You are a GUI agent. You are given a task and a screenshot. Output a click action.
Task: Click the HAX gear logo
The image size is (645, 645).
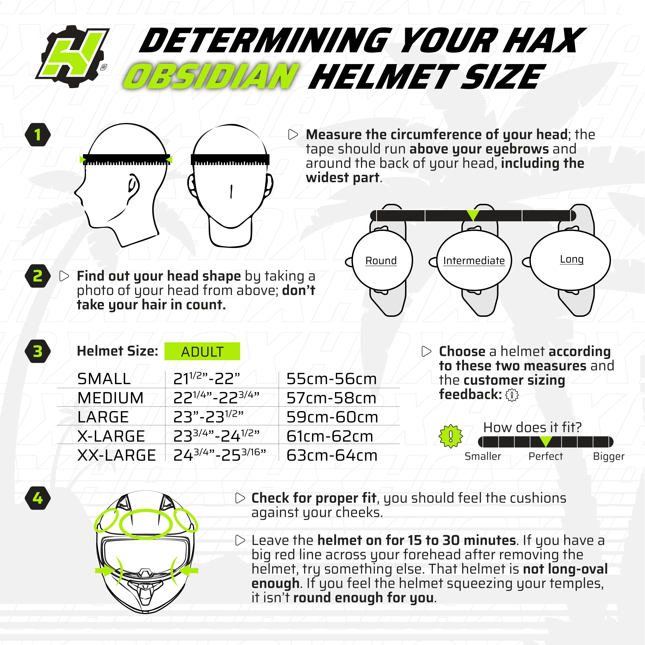click(x=73, y=56)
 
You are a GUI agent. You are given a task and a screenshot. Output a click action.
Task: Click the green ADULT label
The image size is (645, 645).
click(x=202, y=352)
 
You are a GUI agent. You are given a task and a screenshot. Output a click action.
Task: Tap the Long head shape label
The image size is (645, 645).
click(x=572, y=259)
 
